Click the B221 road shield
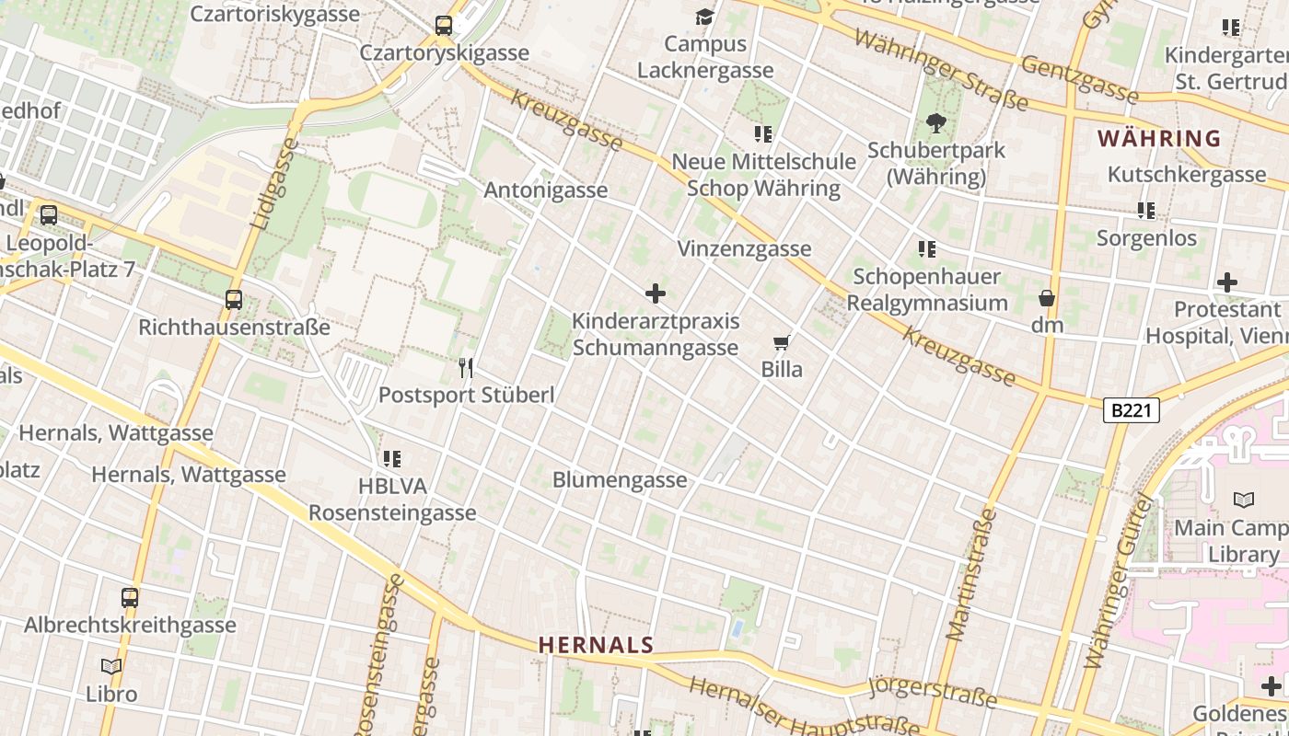click(x=1131, y=410)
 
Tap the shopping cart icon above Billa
click(x=782, y=343)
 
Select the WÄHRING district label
click(x=1159, y=139)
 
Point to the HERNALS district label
click(x=596, y=645)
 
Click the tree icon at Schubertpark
click(x=936, y=122)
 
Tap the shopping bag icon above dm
click(x=1047, y=298)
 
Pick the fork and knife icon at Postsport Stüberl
click(x=466, y=368)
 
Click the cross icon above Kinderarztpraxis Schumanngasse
click(x=656, y=293)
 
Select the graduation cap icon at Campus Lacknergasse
click(x=705, y=17)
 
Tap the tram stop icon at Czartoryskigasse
click(x=444, y=26)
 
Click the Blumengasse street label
click(x=620, y=480)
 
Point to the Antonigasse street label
click(x=546, y=190)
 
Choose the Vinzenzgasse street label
click(x=744, y=249)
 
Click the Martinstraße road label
click(x=971, y=574)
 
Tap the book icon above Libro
click(x=111, y=666)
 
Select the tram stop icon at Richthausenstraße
click(x=234, y=300)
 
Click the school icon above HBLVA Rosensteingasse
click(x=392, y=458)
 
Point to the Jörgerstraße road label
click(x=932, y=692)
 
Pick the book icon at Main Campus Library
click(x=1244, y=500)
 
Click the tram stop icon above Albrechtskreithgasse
click(x=130, y=598)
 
